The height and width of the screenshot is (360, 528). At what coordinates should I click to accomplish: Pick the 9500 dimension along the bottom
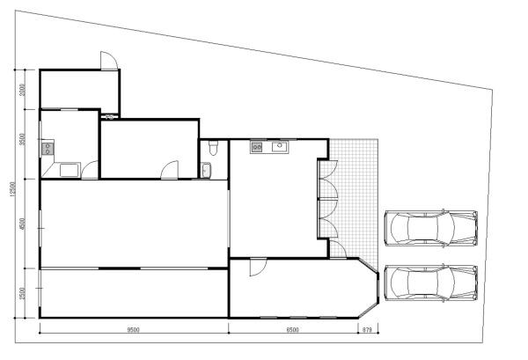pos(133,330)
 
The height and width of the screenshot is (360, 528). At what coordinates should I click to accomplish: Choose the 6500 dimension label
pos(292,330)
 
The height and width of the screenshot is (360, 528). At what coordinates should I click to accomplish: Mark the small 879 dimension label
pos(366,330)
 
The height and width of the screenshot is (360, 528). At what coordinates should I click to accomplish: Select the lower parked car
pos(430,283)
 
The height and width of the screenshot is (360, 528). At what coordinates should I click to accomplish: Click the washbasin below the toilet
pos(206,169)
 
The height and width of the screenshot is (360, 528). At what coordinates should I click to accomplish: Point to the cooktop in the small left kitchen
pos(47,149)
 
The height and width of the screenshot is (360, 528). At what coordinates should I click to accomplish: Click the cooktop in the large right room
pos(257,147)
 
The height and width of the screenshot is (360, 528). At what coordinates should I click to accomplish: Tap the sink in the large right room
pos(280,146)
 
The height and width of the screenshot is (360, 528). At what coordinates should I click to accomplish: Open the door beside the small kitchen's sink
pos(172,169)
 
